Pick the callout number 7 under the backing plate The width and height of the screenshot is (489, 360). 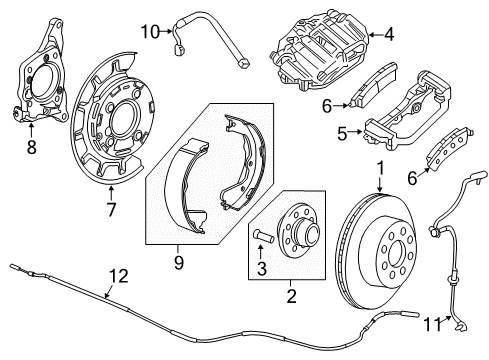pos(112,211)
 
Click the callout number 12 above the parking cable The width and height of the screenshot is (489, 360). pos(118,275)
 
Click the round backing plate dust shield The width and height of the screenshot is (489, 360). pos(113,121)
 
